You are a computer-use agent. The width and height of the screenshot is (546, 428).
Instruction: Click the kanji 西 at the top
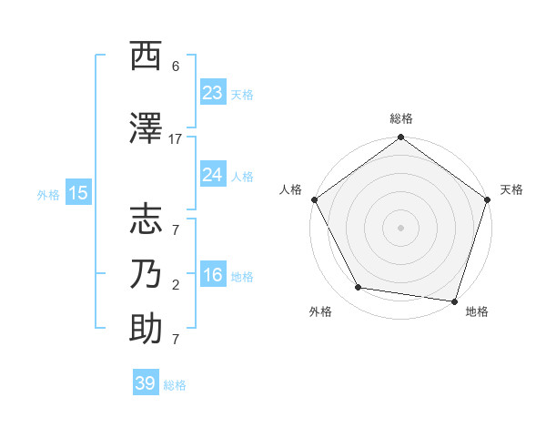tap(146, 56)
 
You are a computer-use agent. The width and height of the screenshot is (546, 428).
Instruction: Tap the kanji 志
tap(146, 219)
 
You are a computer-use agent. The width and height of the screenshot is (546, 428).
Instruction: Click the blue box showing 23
tap(212, 93)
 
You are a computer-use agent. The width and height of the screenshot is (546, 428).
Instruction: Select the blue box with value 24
tap(212, 175)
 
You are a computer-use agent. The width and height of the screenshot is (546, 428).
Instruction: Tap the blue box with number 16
tap(212, 275)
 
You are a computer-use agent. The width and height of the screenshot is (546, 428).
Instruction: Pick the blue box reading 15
tap(77, 192)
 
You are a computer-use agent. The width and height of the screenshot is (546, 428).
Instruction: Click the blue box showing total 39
tap(145, 383)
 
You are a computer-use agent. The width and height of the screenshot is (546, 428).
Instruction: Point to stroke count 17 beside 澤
tap(176, 138)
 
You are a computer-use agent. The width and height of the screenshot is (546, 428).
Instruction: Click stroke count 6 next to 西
tap(176, 66)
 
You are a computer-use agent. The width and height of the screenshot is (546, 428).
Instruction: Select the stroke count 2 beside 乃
tap(176, 284)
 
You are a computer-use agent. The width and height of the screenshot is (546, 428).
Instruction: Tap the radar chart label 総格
tap(400, 118)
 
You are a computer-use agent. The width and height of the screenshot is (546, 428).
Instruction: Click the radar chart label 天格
tap(511, 189)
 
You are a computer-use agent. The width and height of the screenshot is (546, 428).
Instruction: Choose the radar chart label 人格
tap(290, 189)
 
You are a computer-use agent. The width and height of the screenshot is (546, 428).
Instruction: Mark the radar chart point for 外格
tap(359, 288)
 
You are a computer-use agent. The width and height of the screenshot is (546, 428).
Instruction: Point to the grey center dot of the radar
tap(400, 227)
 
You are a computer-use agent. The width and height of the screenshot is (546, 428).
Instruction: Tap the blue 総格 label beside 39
tap(175, 385)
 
